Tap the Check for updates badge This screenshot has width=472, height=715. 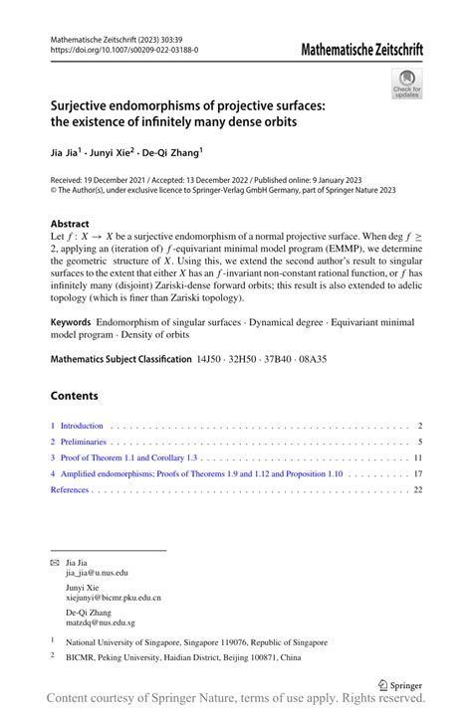click(x=406, y=84)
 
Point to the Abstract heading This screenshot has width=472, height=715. click(x=70, y=224)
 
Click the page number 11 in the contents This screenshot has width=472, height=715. click(x=419, y=458)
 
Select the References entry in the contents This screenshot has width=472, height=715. click(x=70, y=490)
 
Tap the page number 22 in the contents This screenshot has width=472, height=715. click(x=419, y=490)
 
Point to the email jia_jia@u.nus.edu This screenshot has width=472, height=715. click(x=97, y=574)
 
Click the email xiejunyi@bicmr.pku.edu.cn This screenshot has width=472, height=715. click(x=113, y=598)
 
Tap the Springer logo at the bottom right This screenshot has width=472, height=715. click(x=400, y=685)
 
